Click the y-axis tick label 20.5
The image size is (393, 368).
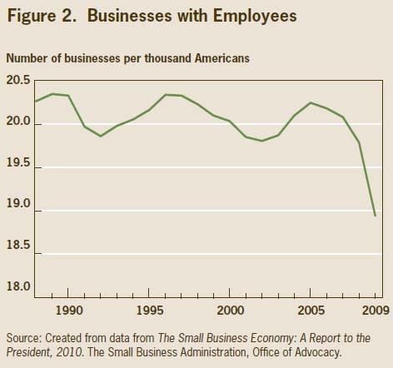[18, 81]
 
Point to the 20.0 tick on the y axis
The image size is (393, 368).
[18, 123]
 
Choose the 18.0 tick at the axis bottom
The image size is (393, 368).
[18, 287]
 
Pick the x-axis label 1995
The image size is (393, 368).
[148, 309]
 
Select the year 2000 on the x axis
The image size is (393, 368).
[228, 309]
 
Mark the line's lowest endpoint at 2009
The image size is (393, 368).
[375, 216]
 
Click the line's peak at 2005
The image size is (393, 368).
[311, 103]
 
